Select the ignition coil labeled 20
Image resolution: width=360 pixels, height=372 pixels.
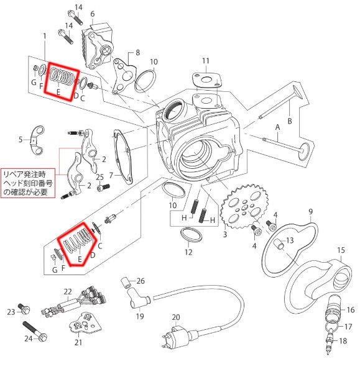[180, 337]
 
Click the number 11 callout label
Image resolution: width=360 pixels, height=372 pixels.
[206, 61]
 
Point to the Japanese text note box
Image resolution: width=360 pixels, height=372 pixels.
[28, 183]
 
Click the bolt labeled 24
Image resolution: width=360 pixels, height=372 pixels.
[35, 330]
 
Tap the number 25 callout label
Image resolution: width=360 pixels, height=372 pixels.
[99, 177]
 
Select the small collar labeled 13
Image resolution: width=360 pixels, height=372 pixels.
[280, 244]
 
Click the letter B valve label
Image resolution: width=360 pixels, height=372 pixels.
[290, 121]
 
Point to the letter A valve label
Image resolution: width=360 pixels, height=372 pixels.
[277, 127]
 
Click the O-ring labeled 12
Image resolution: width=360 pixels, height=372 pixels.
[192, 235]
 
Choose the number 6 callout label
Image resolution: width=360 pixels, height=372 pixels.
[93, 14]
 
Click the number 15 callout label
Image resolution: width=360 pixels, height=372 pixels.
[341, 250]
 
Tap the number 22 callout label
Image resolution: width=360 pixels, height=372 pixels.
[68, 291]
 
